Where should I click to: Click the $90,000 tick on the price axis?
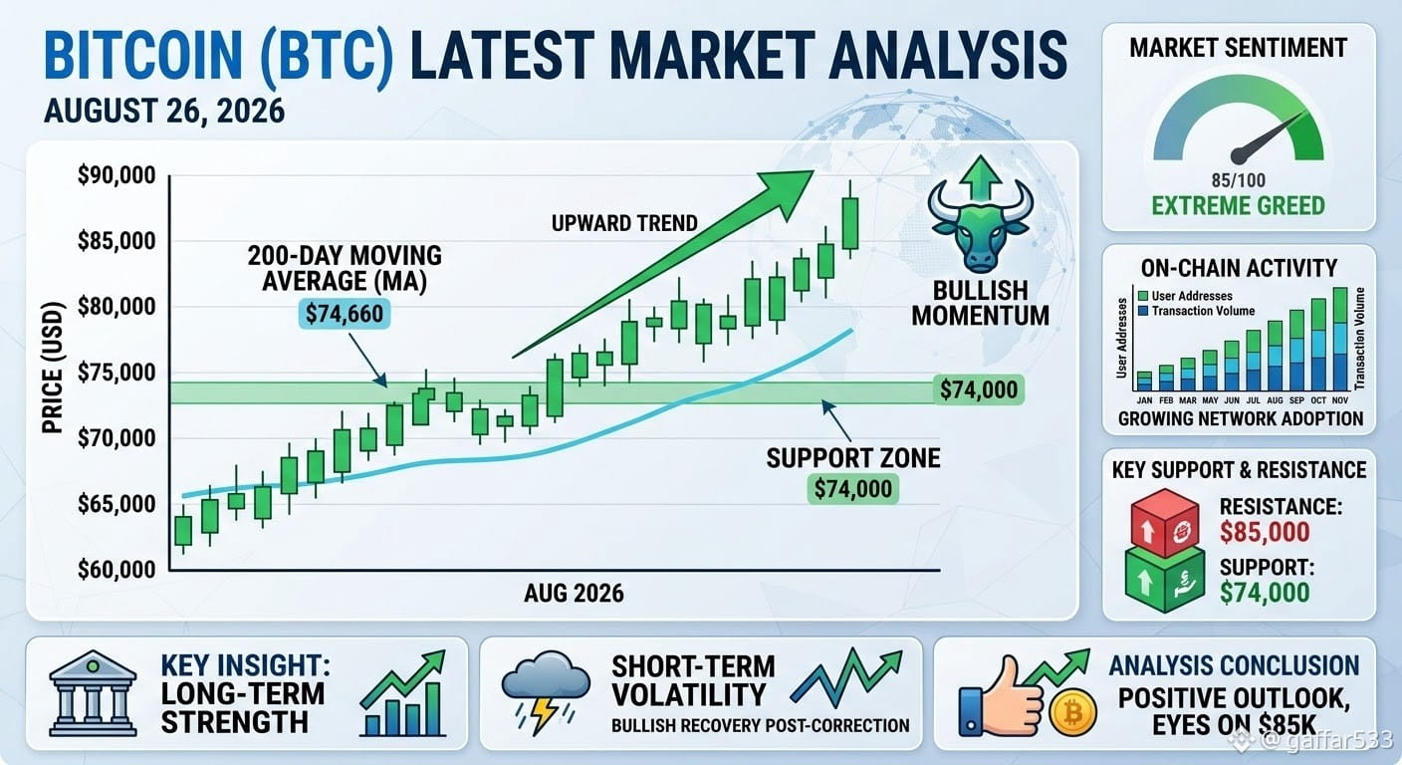point(117,175)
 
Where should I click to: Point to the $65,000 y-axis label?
point(117,504)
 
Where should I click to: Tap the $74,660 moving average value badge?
point(345,313)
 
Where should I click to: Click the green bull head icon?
point(980,225)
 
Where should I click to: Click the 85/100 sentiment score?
point(1238,180)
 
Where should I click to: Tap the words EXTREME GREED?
point(1238,206)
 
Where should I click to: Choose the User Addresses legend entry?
point(1185,296)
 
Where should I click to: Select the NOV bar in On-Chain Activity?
point(1340,340)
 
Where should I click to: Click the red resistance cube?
point(1164,523)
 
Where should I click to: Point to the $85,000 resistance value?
point(1265,532)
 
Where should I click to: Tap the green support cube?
point(1164,579)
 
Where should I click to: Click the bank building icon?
point(93,692)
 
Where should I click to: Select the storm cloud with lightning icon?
point(545,691)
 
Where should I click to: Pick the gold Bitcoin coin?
point(1072,712)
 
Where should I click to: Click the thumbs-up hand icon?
point(1000,696)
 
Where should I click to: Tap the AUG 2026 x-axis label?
point(574,593)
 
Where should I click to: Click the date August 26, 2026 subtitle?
point(164,111)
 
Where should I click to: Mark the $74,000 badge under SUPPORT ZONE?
point(853,489)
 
